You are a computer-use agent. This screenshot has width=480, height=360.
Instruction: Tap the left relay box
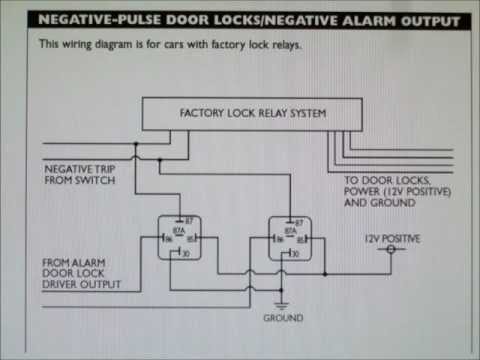[179, 238]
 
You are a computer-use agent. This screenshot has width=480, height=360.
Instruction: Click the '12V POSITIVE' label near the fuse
[391, 238]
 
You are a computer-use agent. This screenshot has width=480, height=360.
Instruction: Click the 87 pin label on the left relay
[187, 219]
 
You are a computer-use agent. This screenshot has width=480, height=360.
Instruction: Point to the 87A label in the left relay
[178, 230]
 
